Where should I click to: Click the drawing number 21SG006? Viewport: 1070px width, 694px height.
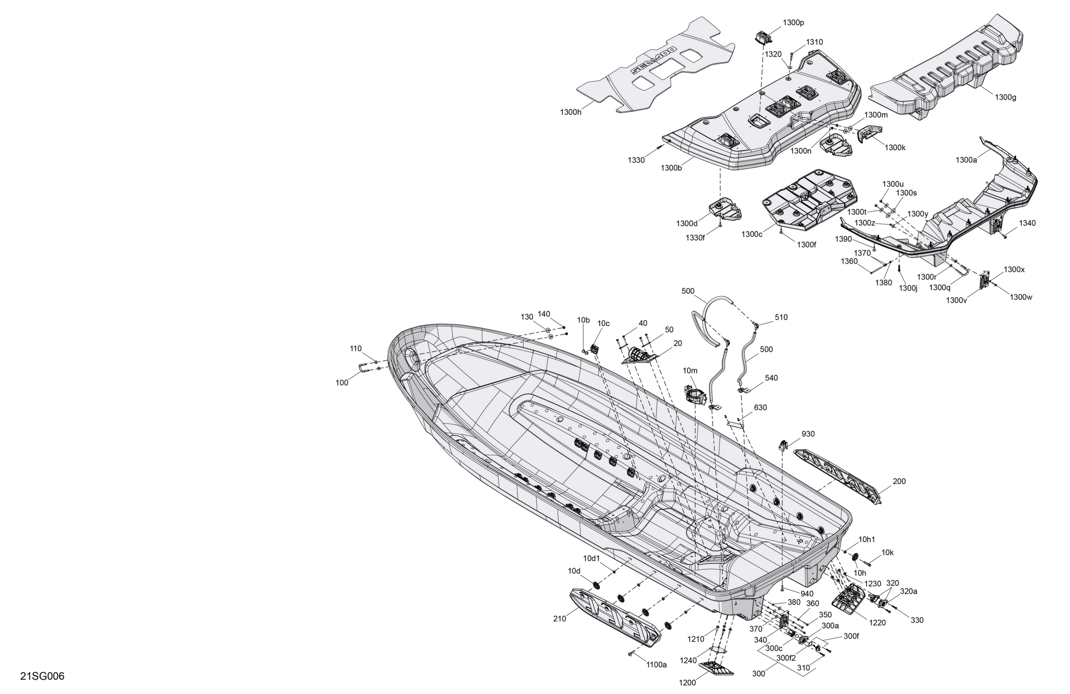(42, 676)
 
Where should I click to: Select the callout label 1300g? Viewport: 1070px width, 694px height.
(1005, 97)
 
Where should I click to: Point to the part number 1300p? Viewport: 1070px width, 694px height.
(794, 22)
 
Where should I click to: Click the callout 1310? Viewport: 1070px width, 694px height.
(814, 42)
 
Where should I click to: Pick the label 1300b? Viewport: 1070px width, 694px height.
(671, 168)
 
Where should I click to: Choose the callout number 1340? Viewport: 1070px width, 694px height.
(1027, 223)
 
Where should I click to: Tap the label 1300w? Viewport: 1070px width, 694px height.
(1021, 297)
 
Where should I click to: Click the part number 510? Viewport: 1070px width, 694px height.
(781, 317)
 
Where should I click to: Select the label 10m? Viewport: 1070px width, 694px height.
(690, 371)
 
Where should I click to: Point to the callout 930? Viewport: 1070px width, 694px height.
(808, 434)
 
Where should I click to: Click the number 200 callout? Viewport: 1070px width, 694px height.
(899, 481)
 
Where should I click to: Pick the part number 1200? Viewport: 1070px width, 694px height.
(687, 683)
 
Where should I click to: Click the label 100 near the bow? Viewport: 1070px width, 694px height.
(342, 383)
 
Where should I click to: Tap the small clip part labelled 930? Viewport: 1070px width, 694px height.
(783, 445)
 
